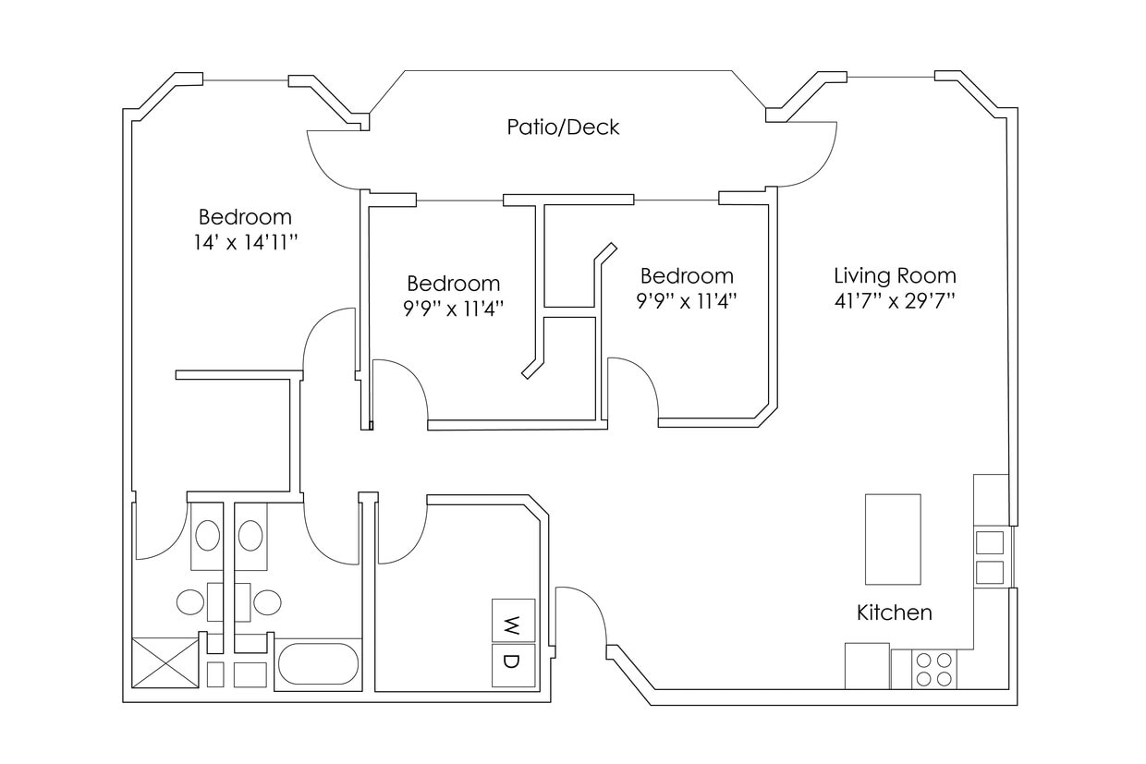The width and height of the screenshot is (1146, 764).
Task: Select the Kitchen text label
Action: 894,612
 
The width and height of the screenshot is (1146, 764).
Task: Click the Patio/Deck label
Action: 563,127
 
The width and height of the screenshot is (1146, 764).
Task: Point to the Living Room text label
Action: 895,275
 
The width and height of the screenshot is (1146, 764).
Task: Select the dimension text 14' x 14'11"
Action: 245,242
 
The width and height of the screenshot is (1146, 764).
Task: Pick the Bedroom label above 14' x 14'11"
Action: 245,218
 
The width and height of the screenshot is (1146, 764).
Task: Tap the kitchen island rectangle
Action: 892,539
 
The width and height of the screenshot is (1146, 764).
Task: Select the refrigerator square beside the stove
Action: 867,665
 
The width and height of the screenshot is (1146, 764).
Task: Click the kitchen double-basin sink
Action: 990,556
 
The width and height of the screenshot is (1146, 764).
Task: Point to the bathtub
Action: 318,663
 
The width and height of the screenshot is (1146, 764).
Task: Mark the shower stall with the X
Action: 165,662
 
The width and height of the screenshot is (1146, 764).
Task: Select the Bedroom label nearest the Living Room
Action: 687,276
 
